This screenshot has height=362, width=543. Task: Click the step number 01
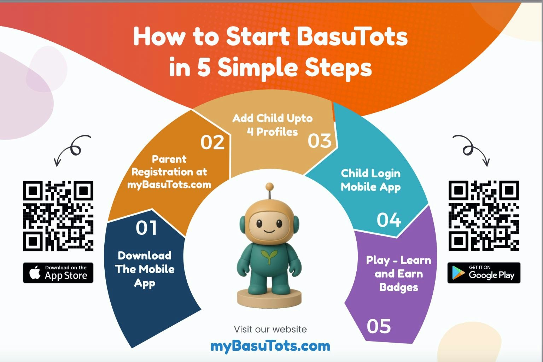click(146, 228)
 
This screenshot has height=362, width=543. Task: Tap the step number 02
click(212, 142)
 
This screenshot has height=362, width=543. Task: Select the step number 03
click(320, 141)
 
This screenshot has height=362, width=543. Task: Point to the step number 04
click(389, 220)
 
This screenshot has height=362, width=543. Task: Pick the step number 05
click(379, 326)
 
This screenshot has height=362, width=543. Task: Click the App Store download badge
click(58, 273)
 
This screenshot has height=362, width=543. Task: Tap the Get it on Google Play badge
click(484, 273)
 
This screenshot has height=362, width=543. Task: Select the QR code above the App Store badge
click(58, 216)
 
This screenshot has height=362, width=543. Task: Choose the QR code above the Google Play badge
click(484, 216)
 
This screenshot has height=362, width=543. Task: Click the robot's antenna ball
click(269, 186)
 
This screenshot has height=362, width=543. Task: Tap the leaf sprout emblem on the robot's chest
click(269, 256)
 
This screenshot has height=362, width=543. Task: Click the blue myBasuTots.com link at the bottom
click(270, 346)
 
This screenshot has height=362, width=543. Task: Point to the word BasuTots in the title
click(352, 37)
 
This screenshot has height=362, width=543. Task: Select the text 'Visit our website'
click(270, 329)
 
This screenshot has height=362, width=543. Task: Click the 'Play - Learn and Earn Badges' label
click(399, 274)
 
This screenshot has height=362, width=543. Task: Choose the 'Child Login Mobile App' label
click(370, 180)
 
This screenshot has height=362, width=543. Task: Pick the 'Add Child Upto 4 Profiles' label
click(273, 125)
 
